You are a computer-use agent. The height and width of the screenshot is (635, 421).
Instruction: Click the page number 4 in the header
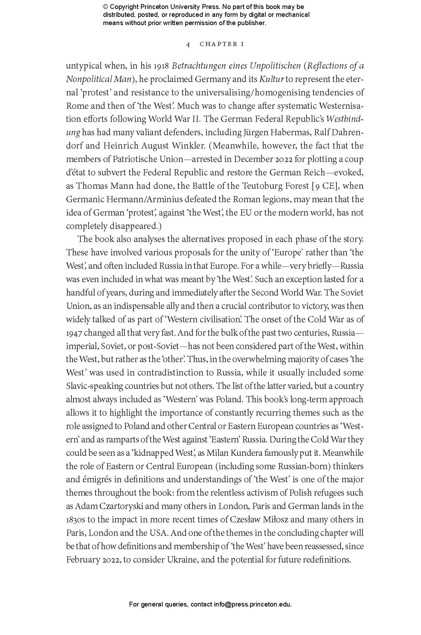click(188, 44)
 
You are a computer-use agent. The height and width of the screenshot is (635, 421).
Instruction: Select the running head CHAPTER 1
click(222, 44)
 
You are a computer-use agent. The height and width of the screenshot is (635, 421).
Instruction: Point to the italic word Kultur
click(271, 79)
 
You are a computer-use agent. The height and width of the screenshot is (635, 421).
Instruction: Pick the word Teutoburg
click(263, 186)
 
